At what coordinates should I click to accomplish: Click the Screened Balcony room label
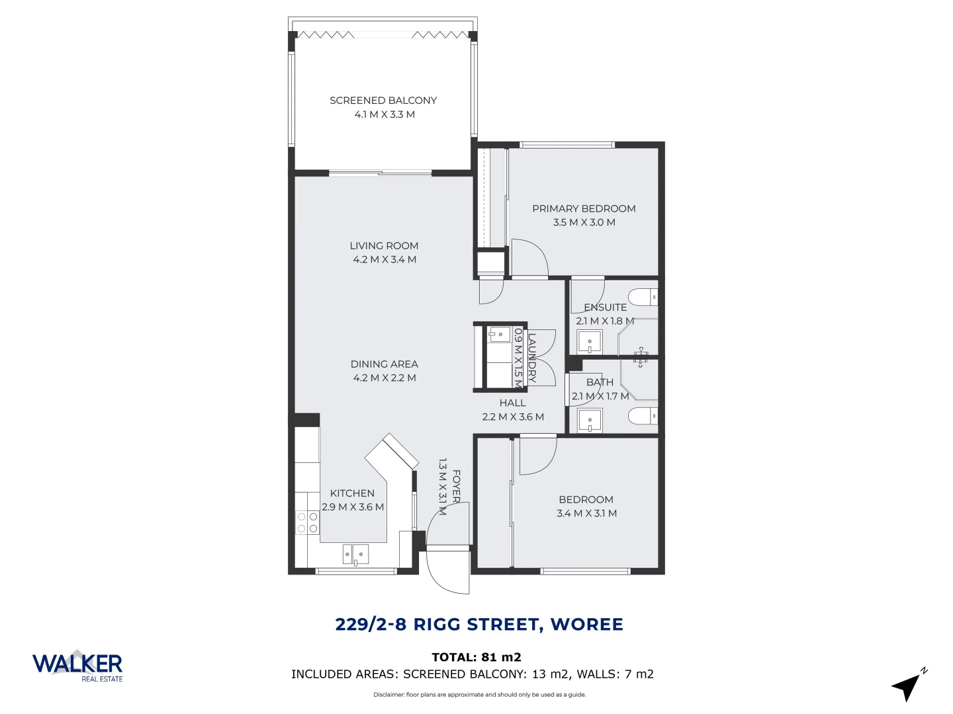tap(383, 100)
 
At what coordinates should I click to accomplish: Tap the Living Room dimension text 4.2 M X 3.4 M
tap(385, 260)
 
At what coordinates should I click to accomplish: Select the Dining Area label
tap(384, 364)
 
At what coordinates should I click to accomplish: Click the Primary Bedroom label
tap(584, 209)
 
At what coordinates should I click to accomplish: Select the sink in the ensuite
tap(590, 342)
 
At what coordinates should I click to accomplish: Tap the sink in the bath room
tap(590, 420)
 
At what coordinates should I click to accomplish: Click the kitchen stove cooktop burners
tap(308, 522)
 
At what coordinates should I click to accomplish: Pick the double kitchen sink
tap(355, 554)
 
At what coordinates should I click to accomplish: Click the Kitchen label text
tap(352, 493)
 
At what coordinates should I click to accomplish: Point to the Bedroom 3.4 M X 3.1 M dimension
tap(586, 514)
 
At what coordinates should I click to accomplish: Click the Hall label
tap(513, 403)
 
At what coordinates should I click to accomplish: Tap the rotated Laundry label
tap(531, 358)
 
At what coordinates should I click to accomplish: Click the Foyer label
tap(456, 486)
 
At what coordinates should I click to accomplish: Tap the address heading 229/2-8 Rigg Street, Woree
tap(479, 625)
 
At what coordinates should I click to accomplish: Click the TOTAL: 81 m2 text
tap(476, 657)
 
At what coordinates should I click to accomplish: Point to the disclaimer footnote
tap(479, 695)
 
